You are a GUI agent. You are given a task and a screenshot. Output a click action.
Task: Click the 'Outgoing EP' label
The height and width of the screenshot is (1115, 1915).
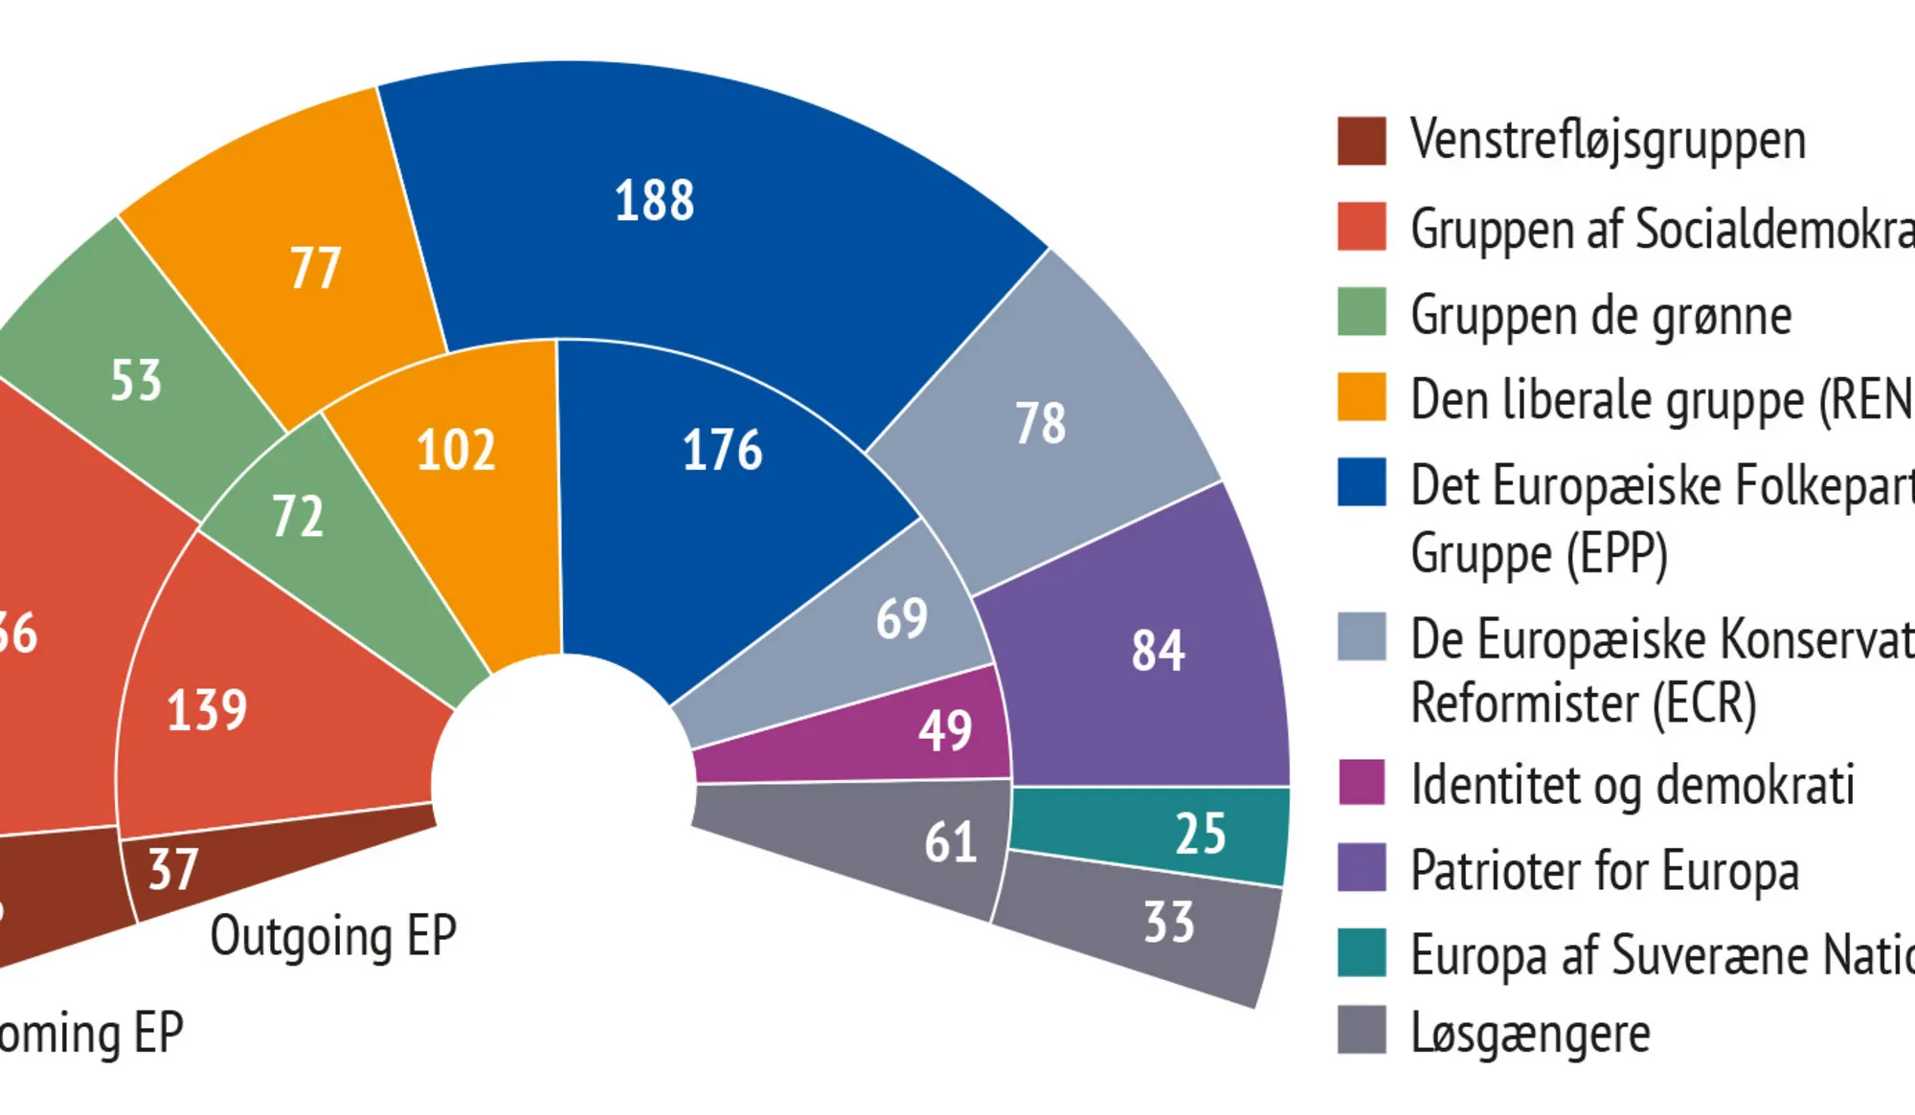(x=333, y=936)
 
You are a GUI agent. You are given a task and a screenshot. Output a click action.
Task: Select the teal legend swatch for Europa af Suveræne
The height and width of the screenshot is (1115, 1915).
(x=1361, y=952)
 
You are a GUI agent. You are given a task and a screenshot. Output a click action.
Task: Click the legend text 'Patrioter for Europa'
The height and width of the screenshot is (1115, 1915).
(x=1605, y=870)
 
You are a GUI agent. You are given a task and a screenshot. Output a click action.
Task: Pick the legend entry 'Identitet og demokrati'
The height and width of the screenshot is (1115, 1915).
(x=1633, y=785)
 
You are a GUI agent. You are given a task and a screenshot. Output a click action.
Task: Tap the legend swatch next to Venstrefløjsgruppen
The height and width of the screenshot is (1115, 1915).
(x=1361, y=141)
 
